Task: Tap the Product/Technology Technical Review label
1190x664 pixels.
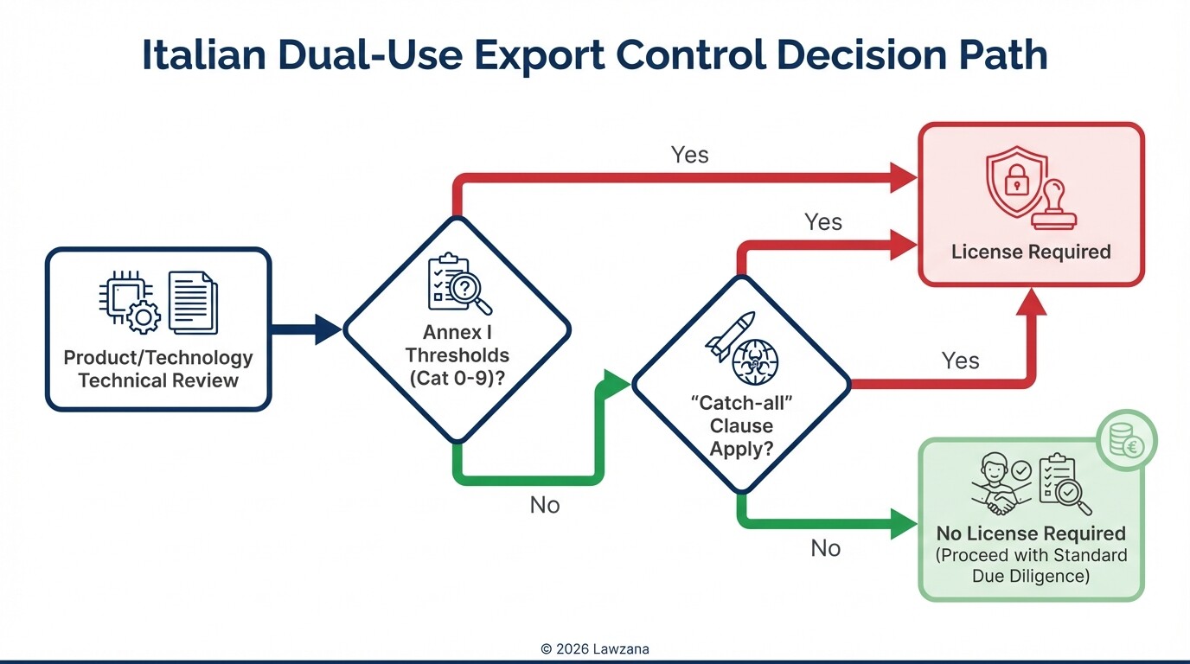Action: pos(158,369)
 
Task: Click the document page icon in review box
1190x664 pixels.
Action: pos(193,302)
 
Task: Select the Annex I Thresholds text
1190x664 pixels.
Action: pos(457,354)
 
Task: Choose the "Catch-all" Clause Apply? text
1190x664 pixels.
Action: pos(742,425)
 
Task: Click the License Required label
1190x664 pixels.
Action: pos(1031,252)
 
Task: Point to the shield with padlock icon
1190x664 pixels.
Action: pos(1015,183)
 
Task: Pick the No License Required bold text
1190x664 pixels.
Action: pos(1031,533)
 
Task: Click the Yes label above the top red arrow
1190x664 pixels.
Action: pos(690,155)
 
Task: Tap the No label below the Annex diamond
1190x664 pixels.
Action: pos(545,505)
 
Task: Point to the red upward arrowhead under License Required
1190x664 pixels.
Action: pos(1032,303)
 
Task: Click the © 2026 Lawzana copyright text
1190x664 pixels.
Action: pos(594,648)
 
